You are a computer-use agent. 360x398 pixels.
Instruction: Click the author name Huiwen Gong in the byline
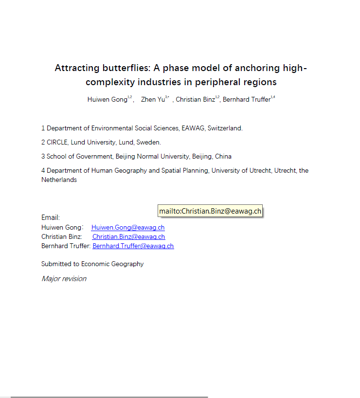coord(107,99)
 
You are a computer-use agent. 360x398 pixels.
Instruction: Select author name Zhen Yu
coord(153,99)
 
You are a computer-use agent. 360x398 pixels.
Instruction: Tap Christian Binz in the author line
coord(195,99)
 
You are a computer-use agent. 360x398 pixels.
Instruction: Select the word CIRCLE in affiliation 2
coord(57,143)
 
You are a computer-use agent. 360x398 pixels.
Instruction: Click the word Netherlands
coord(59,180)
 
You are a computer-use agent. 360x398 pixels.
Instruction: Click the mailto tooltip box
coord(210,211)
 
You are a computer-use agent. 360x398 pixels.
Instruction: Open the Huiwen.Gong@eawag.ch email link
coord(128,228)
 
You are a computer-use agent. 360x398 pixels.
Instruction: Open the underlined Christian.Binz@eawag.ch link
coord(128,237)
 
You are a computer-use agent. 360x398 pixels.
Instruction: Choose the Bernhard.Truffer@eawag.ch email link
coord(133,246)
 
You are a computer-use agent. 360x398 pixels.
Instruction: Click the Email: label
coord(51,217)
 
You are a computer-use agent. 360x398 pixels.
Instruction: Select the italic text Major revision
coord(64,279)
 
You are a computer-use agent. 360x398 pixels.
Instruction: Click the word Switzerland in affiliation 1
coord(224,128)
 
